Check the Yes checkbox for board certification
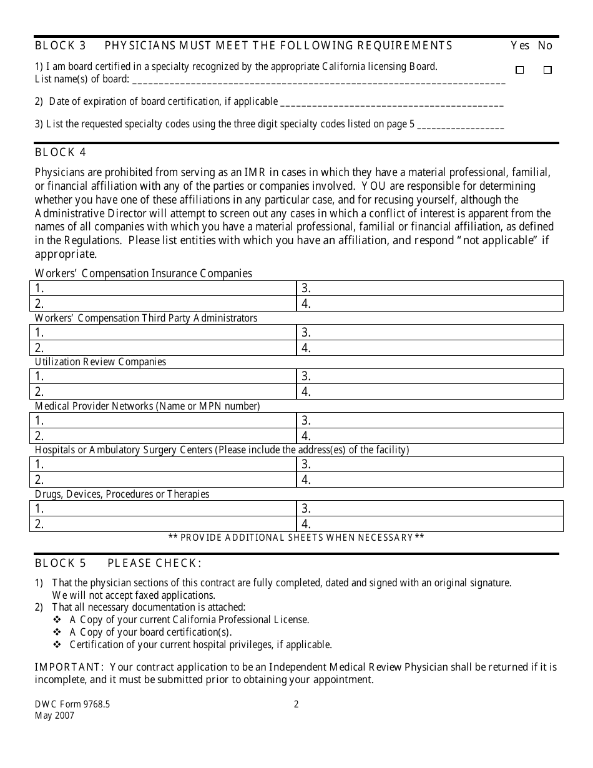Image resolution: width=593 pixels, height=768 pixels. point(519,71)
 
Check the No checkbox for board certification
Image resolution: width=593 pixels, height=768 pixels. point(547,71)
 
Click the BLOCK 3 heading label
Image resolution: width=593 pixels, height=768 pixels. point(61,46)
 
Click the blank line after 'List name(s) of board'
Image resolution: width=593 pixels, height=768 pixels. point(318,81)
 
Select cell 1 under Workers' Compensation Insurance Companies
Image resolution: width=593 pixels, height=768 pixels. point(163,288)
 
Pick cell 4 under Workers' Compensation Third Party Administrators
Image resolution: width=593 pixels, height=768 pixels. point(430,348)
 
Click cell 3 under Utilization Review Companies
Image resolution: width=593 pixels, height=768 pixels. point(430,377)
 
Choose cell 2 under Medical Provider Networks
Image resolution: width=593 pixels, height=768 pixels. point(163,436)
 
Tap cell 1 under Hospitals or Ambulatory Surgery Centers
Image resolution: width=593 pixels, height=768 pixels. point(163,465)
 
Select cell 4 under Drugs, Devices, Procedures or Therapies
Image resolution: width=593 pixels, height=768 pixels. point(430,524)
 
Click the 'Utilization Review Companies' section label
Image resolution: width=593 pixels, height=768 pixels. point(100,362)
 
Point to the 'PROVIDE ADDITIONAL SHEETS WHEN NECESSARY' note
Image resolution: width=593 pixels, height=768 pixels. point(296,538)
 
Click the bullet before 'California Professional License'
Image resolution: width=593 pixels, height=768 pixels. point(57,620)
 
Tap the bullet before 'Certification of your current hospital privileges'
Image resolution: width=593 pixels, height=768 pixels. point(57,645)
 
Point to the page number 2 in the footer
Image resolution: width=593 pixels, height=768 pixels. point(296,704)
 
